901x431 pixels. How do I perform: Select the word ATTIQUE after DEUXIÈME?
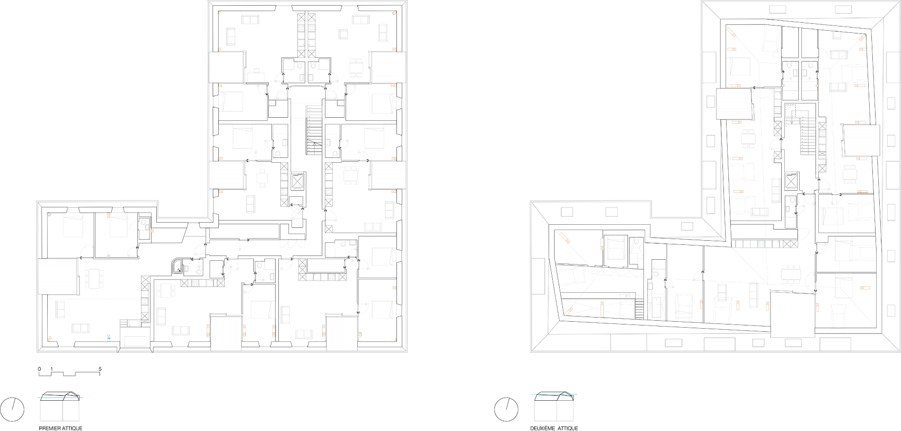568,428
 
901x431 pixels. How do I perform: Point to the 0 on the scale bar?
39,368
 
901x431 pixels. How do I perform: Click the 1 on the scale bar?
51,368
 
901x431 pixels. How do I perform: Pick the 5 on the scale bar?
100,368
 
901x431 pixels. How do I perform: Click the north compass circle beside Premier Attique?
14,408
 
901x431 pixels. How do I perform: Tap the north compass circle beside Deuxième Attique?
506,408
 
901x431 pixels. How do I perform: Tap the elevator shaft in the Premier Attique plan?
297,182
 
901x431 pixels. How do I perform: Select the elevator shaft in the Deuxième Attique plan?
791,181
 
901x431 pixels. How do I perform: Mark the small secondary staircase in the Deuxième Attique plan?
640,309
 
